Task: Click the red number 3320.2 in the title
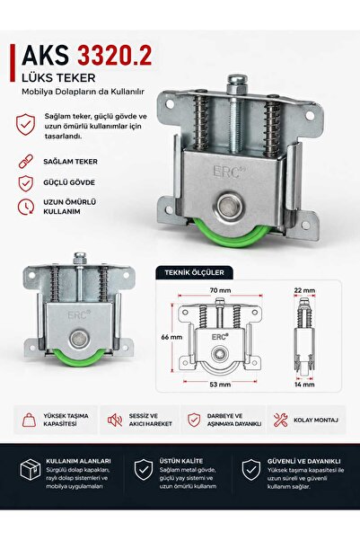115,56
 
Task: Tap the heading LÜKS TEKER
58,78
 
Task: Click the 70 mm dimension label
220,290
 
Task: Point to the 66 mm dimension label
171,337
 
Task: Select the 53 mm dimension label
220,385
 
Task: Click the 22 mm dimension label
304,290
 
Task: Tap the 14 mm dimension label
304,385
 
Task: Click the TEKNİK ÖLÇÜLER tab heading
194,272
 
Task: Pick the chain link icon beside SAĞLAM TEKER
26,162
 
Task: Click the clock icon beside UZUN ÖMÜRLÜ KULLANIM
26,207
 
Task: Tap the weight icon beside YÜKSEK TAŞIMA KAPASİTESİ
29,420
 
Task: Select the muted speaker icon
115,420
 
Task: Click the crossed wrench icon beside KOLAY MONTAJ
280,420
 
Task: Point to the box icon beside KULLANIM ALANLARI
31,470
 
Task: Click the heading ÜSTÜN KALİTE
181,461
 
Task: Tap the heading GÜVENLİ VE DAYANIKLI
304,461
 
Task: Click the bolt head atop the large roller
236,84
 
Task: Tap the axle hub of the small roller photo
80,339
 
